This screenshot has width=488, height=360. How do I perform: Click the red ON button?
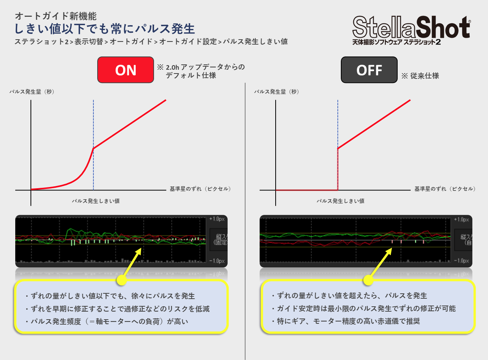click(x=125, y=70)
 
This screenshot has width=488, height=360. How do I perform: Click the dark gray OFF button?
click(x=369, y=70)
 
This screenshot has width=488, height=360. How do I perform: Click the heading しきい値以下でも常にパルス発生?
click(x=105, y=29)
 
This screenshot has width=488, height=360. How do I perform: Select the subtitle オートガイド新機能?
click(x=56, y=16)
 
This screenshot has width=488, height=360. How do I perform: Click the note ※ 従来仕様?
click(x=420, y=76)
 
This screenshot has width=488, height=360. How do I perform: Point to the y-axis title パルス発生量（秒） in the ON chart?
click(x=32, y=91)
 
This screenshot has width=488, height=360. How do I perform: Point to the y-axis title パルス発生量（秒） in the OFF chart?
click(x=277, y=91)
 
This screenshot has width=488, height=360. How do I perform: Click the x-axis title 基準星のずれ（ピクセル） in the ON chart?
click(x=201, y=189)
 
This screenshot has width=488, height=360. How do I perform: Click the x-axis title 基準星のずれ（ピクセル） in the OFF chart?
click(x=445, y=189)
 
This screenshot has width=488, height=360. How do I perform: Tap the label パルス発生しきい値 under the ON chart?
click(x=96, y=201)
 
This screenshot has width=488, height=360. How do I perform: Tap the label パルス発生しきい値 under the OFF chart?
click(x=340, y=201)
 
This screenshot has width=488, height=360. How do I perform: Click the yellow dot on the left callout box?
click(x=122, y=280)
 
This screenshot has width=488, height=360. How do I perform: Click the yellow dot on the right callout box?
click(x=368, y=280)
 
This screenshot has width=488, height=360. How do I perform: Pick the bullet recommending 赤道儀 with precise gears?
click(x=345, y=321)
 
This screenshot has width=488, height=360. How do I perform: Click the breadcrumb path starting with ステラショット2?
click(x=151, y=42)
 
